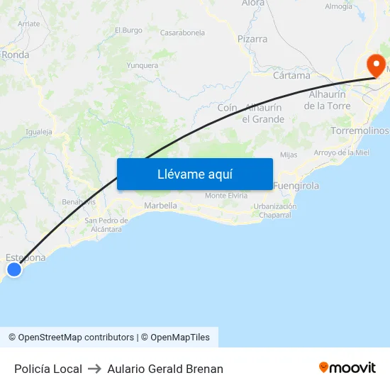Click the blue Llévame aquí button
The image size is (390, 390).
click(194, 174)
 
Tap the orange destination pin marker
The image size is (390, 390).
click(375, 66)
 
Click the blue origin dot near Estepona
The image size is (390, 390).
click(13, 269)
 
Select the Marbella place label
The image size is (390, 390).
click(160, 206)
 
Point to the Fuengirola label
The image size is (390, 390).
click(296, 186)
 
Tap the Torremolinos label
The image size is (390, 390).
click(360, 131)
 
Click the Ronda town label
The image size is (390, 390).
click(15, 55)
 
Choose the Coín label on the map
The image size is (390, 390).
click(227, 107)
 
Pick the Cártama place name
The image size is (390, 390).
click(291, 75)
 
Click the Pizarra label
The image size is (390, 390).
click(252, 39)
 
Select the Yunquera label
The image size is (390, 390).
click(142, 65)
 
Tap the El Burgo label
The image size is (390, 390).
click(128, 30)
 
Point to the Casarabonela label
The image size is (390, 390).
click(182, 33)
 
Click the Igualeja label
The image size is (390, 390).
click(38, 132)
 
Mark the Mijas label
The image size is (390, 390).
click(289, 155)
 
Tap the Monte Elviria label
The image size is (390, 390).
click(225, 196)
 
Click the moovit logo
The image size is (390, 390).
click(347, 367)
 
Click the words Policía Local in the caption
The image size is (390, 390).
click(48, 369)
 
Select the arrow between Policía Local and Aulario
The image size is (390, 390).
click(95, 369)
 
